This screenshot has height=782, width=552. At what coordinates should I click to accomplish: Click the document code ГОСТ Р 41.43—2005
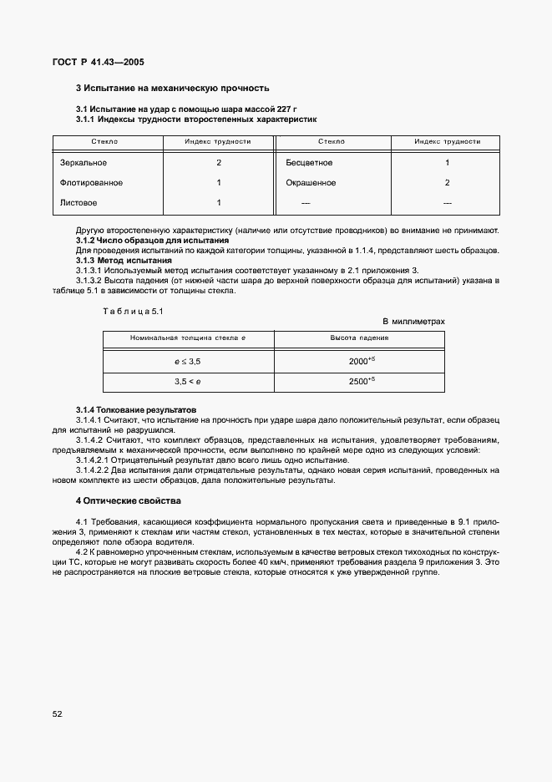click(x=94, y=62)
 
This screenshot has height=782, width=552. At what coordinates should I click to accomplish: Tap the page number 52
click(x=58, y=713)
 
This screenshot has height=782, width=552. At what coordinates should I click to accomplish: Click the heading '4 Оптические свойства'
click(x=128, y=500)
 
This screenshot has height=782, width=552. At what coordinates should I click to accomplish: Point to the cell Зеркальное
click(x=84, y=163)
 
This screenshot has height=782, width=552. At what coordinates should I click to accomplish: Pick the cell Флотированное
click(x=91, y=183)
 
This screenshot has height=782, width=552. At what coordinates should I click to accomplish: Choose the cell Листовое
click(x=78, y=202)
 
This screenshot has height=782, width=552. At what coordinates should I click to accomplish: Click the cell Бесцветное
click(x=309, y=163)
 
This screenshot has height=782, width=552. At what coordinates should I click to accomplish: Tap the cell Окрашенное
click(x=311, y=183)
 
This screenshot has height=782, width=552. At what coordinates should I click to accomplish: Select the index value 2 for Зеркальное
click(x=218, y=163)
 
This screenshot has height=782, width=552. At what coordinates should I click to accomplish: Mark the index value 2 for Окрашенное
click(x=447, y=183)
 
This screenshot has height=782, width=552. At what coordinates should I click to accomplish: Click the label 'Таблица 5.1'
click(x=124, y=311)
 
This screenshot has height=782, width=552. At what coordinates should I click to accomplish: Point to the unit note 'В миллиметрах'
click(x=413, y=321)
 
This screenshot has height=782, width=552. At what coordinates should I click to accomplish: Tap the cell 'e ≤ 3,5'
click(x=188, y=361)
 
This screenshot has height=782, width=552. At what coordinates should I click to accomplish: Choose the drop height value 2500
click(x=360, y=381)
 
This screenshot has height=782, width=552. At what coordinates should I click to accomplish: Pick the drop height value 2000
click(x=360, y=361)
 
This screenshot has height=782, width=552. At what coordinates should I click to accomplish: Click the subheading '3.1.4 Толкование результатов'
click(x=135, y=410)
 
